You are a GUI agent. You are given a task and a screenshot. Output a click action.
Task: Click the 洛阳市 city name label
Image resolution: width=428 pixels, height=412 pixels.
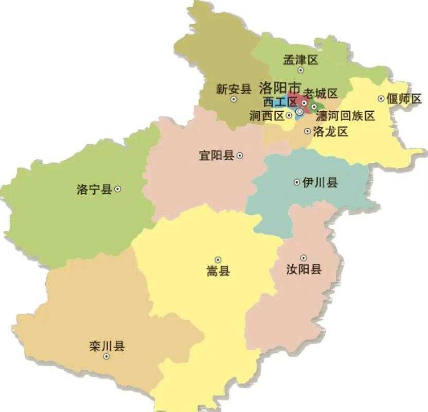280,86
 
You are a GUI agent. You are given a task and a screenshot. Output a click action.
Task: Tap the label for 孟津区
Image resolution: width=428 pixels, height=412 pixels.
301,60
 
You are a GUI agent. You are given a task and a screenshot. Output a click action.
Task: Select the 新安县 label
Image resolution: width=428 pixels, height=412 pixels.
233,89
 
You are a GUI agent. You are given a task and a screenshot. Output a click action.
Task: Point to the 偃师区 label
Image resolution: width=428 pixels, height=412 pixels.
404,98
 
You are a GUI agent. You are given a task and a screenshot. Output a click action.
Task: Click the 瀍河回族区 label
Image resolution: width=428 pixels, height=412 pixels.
345,116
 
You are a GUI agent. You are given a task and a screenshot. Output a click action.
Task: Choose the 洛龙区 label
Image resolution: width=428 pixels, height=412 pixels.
330,131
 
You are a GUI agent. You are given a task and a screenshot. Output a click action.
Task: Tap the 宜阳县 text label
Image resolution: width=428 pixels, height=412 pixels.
217,155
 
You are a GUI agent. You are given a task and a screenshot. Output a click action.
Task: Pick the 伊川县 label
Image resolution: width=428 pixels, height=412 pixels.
320,182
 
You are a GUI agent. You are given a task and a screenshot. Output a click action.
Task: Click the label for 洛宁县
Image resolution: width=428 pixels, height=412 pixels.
94,189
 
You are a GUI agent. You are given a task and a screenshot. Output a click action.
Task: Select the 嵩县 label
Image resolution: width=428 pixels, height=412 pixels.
218,271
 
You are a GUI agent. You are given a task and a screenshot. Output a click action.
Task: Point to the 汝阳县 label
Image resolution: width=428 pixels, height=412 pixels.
304,268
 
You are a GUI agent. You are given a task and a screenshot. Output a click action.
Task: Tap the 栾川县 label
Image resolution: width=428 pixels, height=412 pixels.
107,346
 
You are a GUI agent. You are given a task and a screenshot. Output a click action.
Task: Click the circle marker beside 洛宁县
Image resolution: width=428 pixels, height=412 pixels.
118,189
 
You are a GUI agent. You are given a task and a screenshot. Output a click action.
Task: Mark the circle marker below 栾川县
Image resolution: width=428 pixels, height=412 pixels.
106,356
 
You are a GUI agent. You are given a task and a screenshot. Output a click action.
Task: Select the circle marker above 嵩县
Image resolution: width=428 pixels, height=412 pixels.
218,260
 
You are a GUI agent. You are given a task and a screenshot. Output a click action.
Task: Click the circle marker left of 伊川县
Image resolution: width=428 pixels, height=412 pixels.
297,182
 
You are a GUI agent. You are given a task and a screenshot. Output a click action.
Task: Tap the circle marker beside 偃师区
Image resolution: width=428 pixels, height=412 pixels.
381,98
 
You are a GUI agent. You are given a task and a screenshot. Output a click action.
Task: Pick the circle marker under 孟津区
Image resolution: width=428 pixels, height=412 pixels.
300,70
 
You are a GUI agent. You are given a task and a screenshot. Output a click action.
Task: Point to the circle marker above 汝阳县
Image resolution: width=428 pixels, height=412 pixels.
304,257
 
